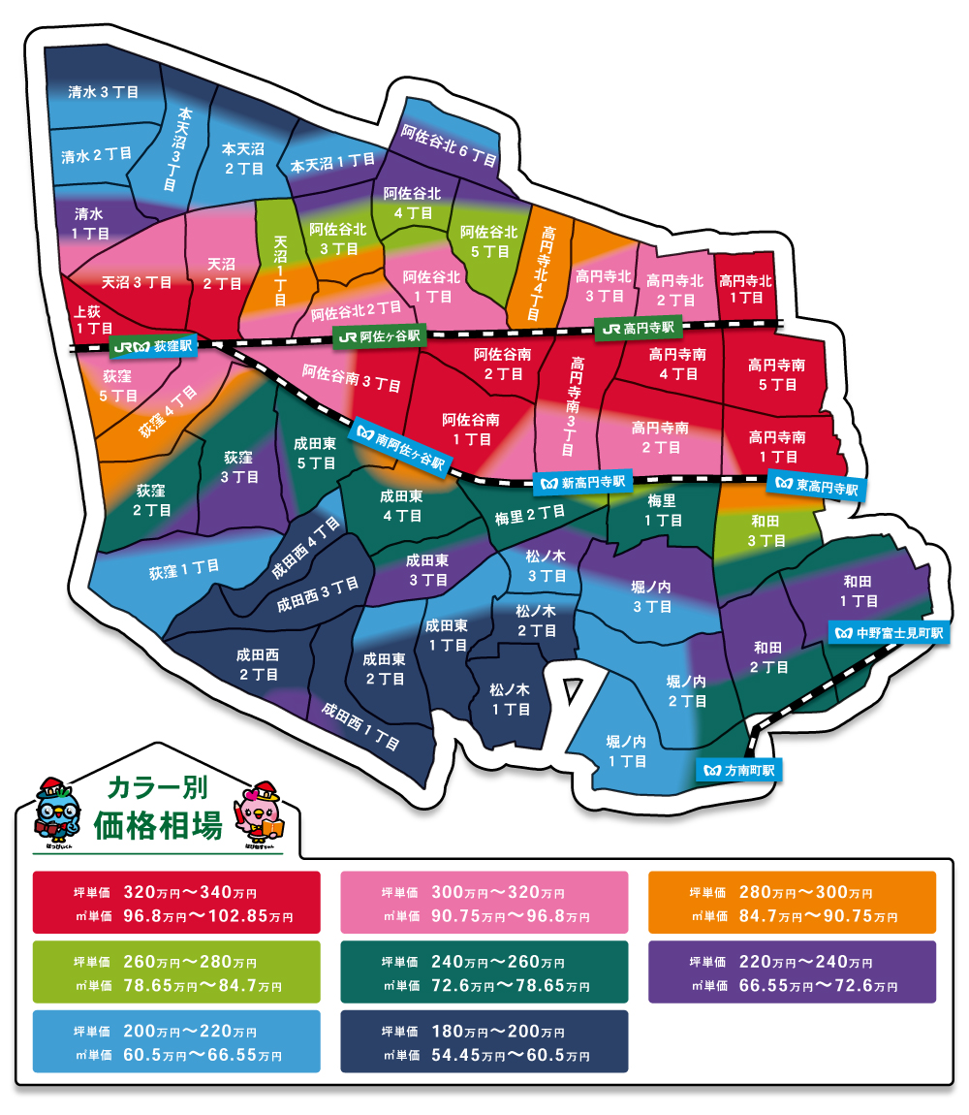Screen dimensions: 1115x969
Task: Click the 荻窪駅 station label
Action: tap(155, 346)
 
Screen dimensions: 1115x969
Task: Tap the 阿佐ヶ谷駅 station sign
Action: tap(378, 336)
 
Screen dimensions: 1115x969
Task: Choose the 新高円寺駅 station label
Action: tap(582, 481)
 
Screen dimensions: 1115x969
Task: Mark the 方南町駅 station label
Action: tap(740, 771)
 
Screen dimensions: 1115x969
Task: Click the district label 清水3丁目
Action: tap(104, 92)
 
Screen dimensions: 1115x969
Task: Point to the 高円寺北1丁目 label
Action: tap(745, 289)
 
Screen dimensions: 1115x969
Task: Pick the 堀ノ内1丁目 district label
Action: tap(626, 751)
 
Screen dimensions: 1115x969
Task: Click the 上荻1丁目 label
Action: tap(94, 320)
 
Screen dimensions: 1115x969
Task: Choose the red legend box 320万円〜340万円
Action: tap(176, 903)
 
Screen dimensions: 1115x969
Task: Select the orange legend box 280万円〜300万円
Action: tap(792, 903)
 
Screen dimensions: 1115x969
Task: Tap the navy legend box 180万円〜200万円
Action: tap(484, 1041)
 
